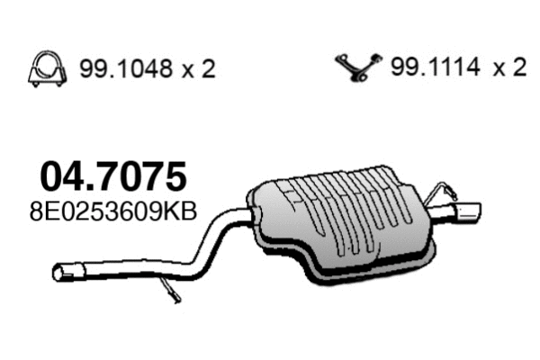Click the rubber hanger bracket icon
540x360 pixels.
(x=357, y=67)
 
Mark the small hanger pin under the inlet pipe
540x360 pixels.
(x=170, y=291)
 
